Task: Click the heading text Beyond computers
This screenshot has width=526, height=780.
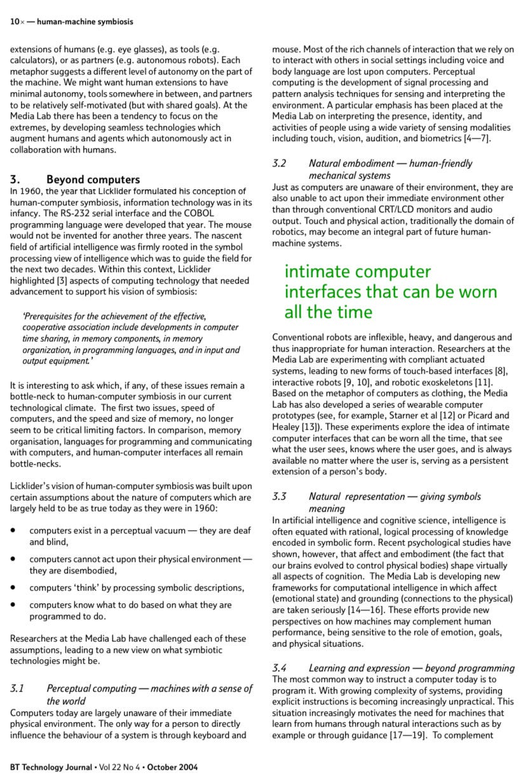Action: coord(93,179)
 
